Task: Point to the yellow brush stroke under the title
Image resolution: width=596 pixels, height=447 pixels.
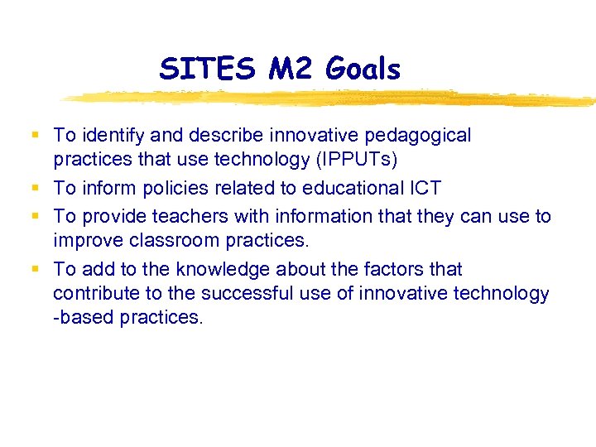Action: point(331,99)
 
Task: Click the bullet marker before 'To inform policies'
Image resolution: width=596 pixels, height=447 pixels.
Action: point(33,188)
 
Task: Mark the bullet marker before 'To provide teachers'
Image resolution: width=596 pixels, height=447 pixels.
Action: point(33,216)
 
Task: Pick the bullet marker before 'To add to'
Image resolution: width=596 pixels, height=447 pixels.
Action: point(33,269)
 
